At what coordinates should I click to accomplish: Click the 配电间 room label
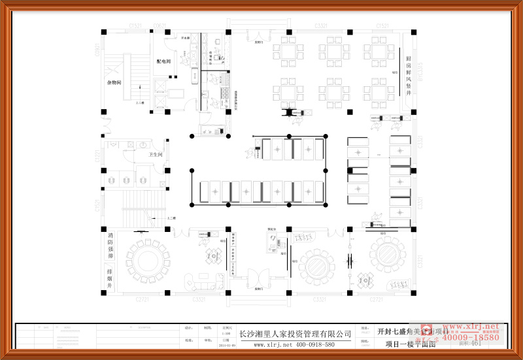(x=163, y=61)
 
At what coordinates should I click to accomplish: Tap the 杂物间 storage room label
(x=114, y=82)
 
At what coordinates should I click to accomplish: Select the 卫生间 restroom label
(x=155, y=154)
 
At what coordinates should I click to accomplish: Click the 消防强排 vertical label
(x=110, y=245)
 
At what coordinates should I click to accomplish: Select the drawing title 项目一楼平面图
(x=405, y=344)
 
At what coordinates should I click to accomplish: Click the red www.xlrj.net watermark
(x=473, y=326)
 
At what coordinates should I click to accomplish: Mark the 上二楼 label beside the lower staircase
(x=171, y=218)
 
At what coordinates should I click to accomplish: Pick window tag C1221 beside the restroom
(x=97, y=156)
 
